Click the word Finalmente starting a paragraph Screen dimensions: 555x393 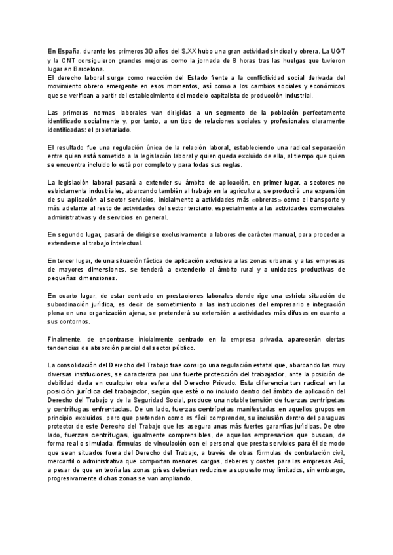(x=65, y=340)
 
